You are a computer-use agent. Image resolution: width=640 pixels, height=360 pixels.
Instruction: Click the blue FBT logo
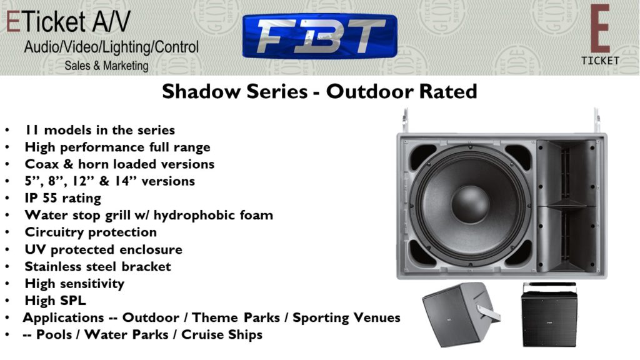click(319, 36)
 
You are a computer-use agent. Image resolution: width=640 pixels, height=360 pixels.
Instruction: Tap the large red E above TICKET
click(600, 29)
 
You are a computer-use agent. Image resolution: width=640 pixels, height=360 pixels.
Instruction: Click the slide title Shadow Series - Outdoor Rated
click(319, 91)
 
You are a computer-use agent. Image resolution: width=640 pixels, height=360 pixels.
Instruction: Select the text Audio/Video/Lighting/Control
click(111, 47)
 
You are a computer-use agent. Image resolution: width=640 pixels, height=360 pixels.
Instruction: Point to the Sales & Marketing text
click(106, 66)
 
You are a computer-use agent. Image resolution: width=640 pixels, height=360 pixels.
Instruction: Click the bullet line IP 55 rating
click(63, 198)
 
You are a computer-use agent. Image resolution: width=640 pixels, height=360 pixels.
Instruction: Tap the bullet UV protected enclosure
click(104, 249)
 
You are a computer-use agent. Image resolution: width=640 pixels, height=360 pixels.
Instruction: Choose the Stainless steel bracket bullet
click(98, 266)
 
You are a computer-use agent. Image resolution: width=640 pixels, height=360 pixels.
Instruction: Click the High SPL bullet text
click(56, 301)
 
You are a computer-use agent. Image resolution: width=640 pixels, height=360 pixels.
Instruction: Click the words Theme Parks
click(236, 317)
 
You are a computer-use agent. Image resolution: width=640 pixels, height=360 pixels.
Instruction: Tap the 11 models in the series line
click(99, 130)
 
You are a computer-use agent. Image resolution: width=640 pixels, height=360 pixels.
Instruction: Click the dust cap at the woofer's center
click(470, 204)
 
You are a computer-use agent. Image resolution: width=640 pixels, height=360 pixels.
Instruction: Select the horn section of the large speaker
click(566, 206)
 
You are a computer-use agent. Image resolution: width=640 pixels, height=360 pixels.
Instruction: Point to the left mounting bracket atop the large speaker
click(405, 121)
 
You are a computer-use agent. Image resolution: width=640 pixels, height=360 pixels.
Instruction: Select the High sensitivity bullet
click(75, 284)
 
